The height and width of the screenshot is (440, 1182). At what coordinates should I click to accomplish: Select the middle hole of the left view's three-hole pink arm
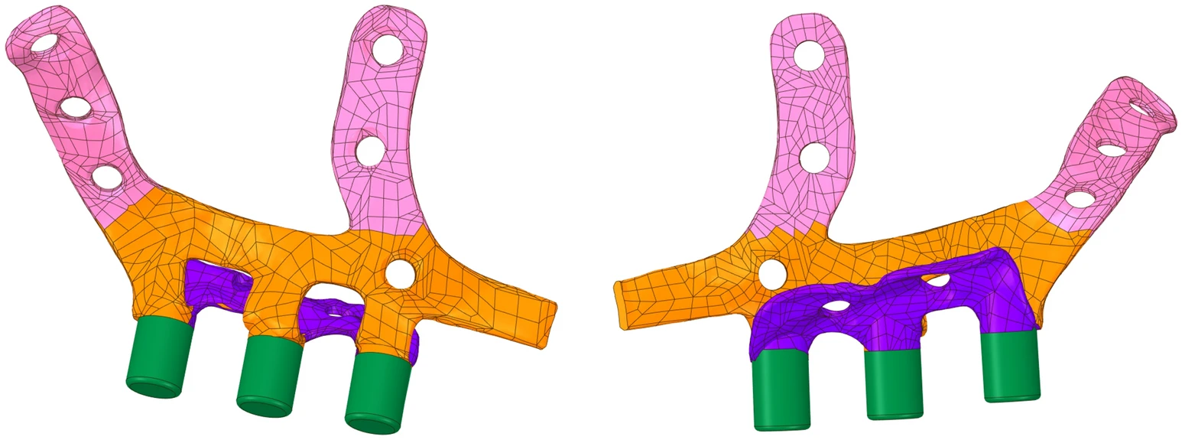74,108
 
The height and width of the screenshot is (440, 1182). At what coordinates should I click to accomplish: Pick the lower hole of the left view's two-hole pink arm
370,150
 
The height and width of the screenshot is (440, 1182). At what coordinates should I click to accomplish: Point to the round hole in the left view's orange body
399,272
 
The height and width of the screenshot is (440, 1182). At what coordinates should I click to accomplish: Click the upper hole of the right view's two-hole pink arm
809,56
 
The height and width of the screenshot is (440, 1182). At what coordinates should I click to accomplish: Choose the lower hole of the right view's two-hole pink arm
815,157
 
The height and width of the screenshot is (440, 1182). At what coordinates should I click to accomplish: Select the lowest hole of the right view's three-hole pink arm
1080,199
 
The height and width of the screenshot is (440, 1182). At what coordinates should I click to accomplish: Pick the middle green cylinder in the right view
893,383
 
